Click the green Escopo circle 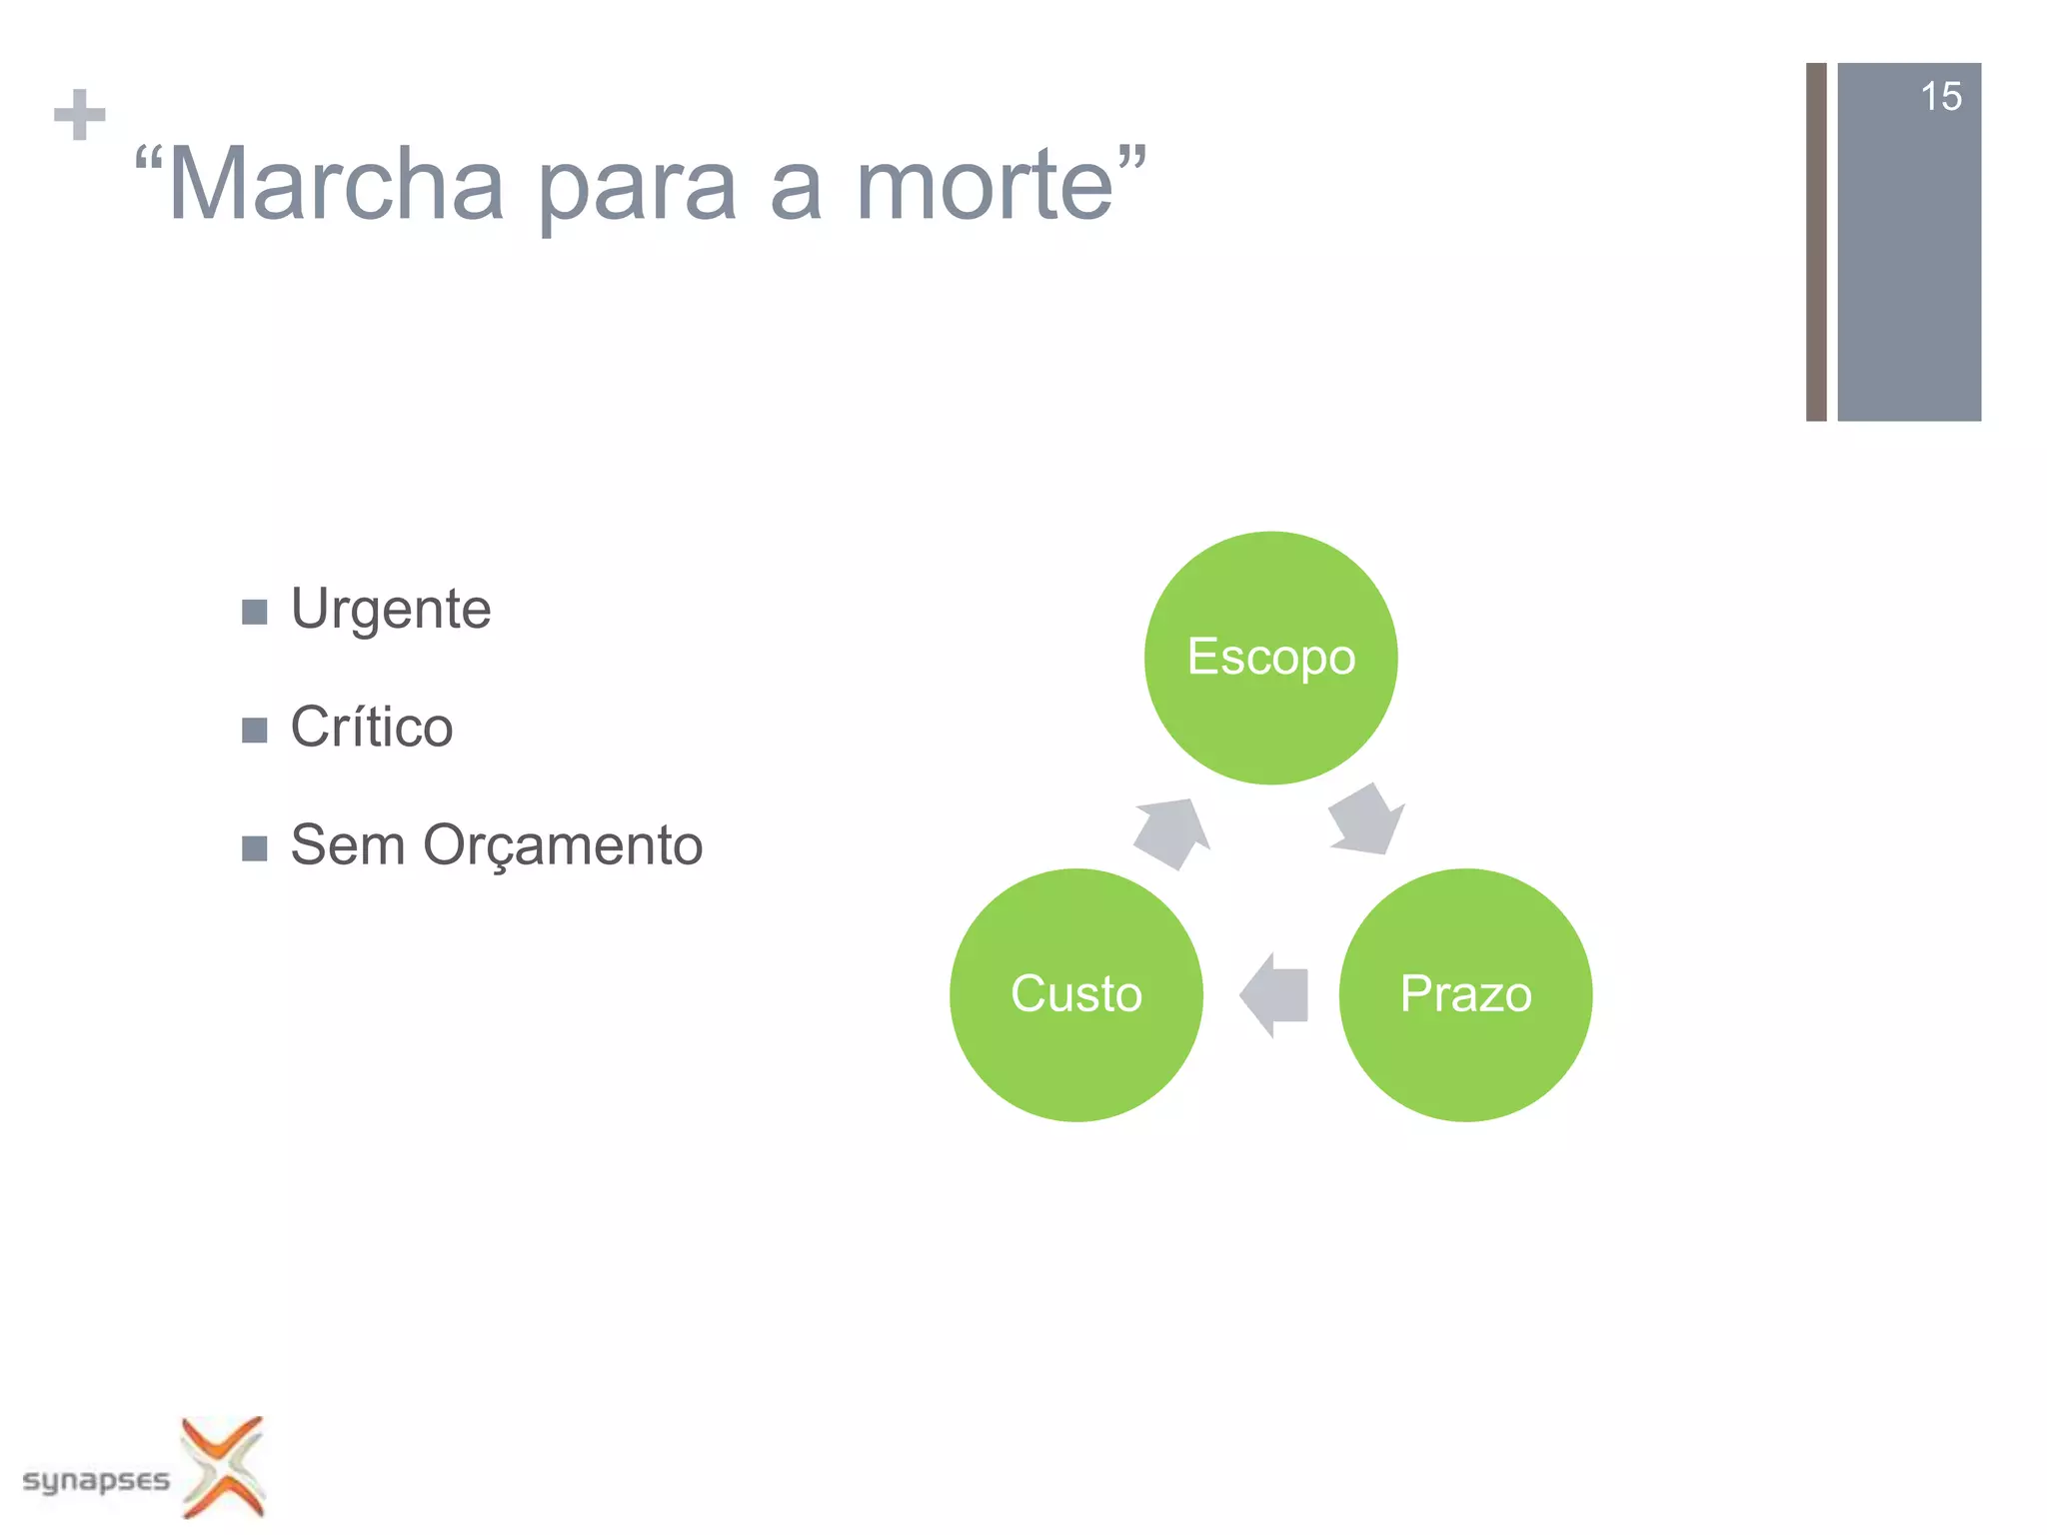tap(1270, 658)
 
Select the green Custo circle tap(1075, 994)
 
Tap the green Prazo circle tap(1465, 994)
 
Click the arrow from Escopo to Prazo tap(1366, 820)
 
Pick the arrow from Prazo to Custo tap(1274, 995)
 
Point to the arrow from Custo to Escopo tap(1172, 832)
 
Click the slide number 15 tap(1940, 97)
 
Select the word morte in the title tap(985, 185)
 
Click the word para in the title tap(637, 190)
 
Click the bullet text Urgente tap(391, 609)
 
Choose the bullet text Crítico tap(371, 727)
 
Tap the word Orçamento tap(563, 845)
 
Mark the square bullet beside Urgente tap(255, 612)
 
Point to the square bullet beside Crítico tap(255, 730)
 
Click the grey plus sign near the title tap(80, 115)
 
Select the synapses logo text tap(96, 1479)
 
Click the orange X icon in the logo tap(224, 1466)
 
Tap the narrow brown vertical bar tap(1816, 242)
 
